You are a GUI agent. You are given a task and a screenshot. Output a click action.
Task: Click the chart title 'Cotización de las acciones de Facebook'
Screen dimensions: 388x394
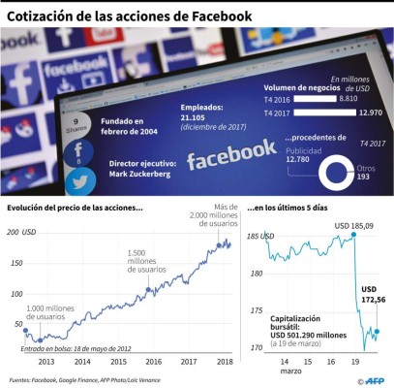pyautogui.click(x=130, y=16)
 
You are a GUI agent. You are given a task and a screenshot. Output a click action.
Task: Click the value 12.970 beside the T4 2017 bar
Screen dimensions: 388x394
pyautogui.click(x=371, y=113)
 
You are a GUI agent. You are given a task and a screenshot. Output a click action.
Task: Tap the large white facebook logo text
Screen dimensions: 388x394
pyautogui.click(x=231, y=152)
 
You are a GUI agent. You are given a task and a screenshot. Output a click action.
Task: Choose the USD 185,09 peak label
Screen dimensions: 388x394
pyautogui.click(x=354, y=227)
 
